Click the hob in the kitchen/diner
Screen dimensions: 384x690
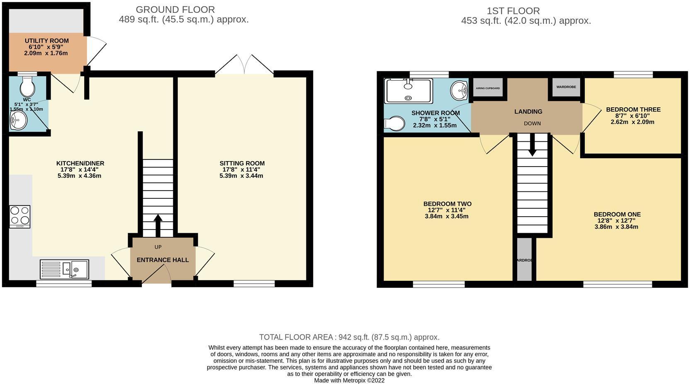[x=20, y=216]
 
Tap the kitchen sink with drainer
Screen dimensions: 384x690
[x=65, y=269]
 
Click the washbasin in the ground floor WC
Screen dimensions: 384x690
[x=19, y=121]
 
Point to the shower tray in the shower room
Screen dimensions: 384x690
[x=408, y=91]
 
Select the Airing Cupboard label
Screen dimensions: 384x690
[x=488, y=88]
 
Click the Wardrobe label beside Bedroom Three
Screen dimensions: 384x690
[x=566, y=87]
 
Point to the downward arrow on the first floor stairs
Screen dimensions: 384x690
[x=532, y=147]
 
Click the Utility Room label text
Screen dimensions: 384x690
[x=46, y=41]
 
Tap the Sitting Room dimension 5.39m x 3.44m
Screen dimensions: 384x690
[x=241, y=176]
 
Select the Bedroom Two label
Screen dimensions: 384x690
[x=447, y=204]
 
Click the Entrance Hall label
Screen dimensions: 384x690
[x=163, y=260]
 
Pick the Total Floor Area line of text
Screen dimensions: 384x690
[x=349, y=337]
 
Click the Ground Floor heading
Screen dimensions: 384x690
[x=175, y=9]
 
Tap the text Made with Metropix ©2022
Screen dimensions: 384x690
[x=349, y=380]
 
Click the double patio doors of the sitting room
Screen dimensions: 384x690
[x=244, y=66]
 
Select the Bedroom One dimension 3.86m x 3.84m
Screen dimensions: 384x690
[x=617, y=227]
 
